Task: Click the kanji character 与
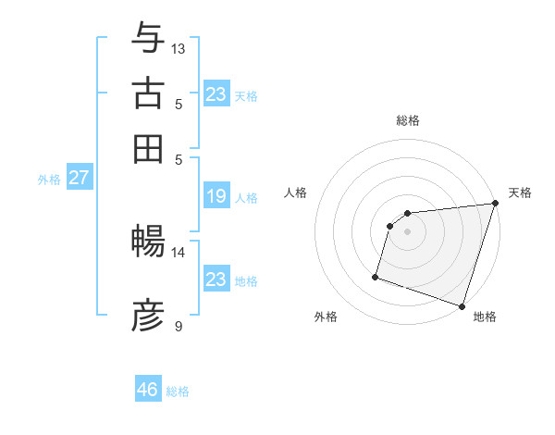148,38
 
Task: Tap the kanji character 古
148,94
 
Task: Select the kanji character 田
148,149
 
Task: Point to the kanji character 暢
148,242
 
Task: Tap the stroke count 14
179,252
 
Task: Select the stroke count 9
179,326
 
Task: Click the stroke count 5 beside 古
179,104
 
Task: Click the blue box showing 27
79,178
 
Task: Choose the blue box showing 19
216,196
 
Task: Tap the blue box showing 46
148,390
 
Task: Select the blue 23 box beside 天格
216,94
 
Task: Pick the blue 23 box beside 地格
216,280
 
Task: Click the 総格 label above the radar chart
407,120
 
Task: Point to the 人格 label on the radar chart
296,193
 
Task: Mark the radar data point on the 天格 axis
495,204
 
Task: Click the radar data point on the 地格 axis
462,305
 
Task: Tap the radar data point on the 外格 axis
376,276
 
